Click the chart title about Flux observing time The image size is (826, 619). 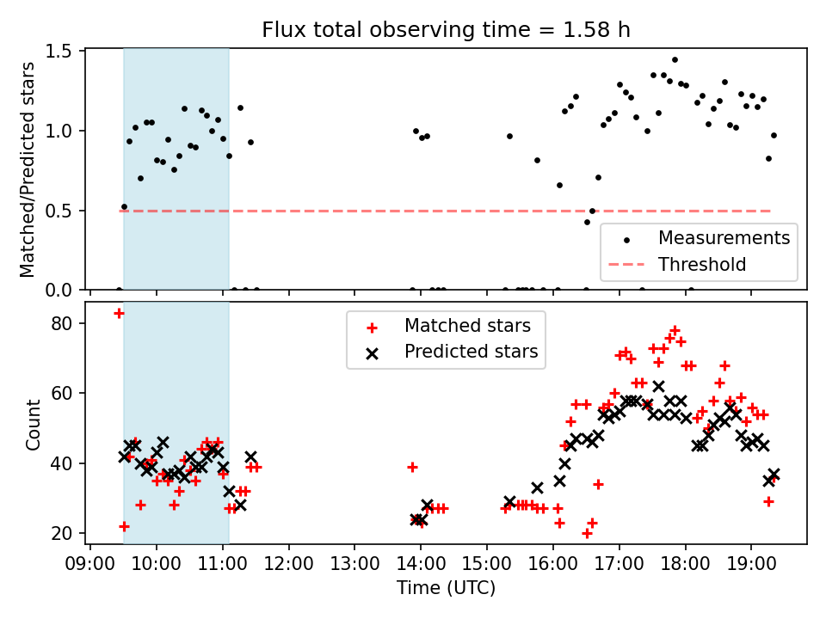[x=446, y=30]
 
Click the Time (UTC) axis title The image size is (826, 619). [x=446, y=588]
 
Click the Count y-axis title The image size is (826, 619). [x=34, y=424]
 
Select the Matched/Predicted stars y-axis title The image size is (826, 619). [x=28, y=169]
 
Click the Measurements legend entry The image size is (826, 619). [x=724, y=237]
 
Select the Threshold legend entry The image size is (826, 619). [x=702, y=264]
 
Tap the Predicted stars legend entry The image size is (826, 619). [x=471, y=352]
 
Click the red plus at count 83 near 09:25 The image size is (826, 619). [x=119, y=313]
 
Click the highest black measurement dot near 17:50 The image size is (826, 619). [x=675, y=60]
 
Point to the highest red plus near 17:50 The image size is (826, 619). [x=675, y=330]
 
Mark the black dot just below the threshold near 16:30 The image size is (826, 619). [x=587, y=222]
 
